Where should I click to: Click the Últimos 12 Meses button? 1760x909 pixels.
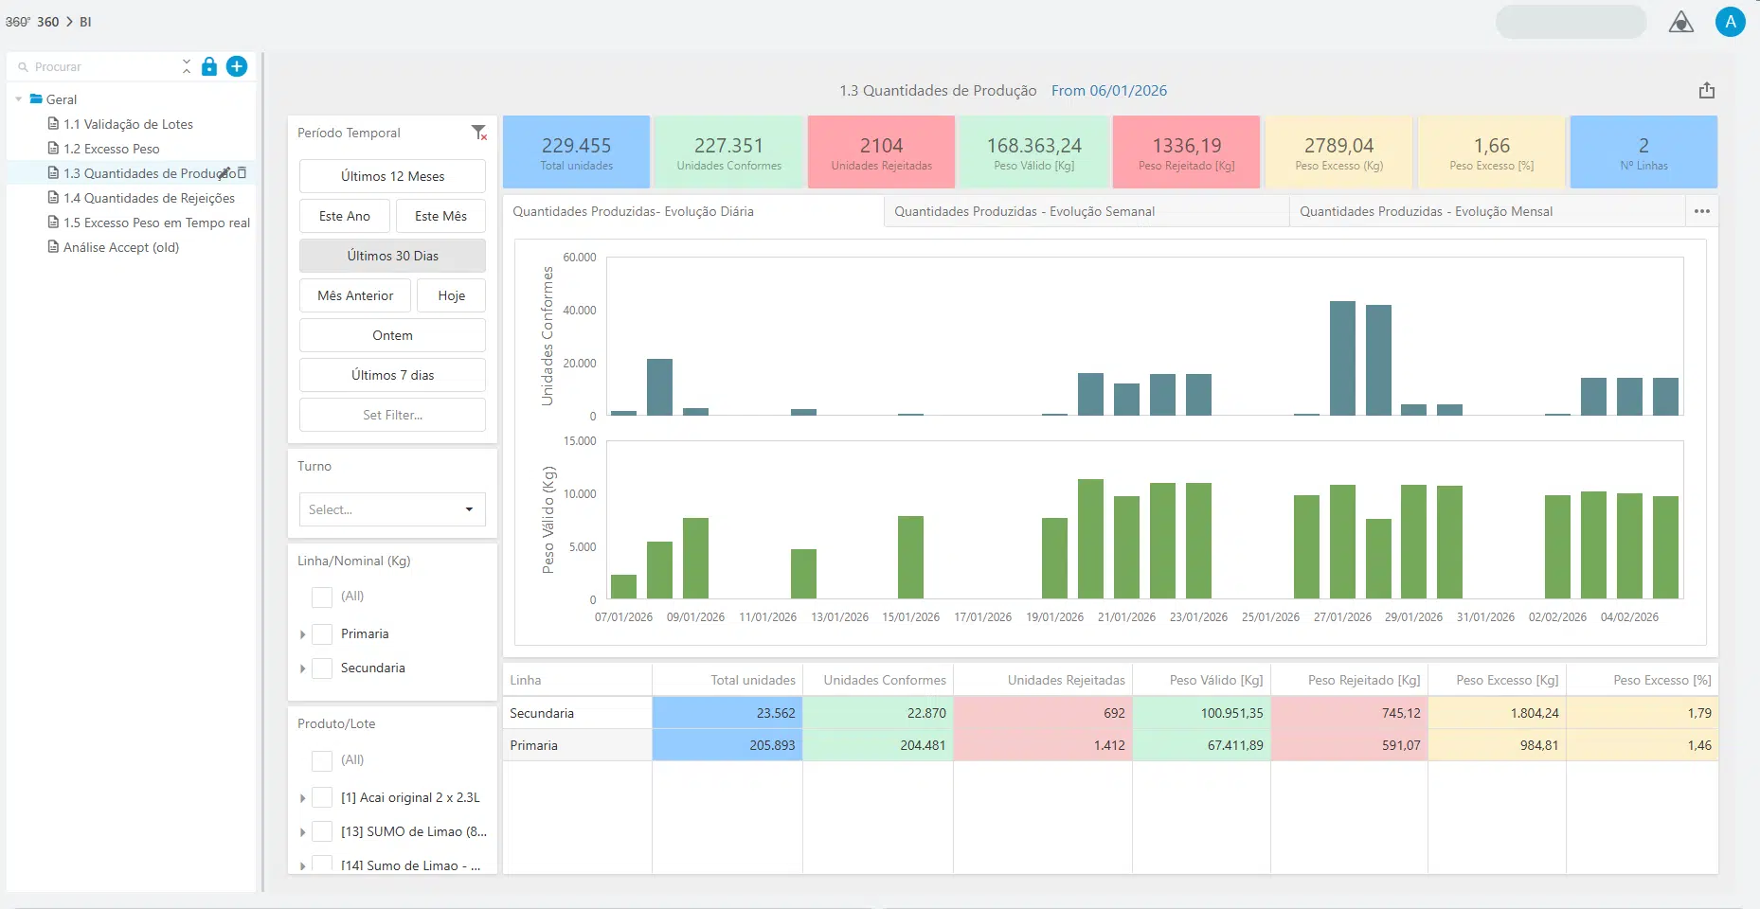tap(392, 176)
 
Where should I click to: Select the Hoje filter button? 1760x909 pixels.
tap(451, 295)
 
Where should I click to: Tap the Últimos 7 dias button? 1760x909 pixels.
tap(392, 375)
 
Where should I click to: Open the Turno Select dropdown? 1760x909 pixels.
tap(392, 509)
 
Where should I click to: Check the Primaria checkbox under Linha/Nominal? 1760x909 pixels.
tap(322, 634)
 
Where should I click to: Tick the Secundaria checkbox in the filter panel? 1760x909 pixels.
tap(322, 668)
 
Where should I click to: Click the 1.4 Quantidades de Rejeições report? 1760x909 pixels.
tap(149, 198)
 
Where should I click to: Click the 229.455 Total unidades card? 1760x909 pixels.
tap(577, 151)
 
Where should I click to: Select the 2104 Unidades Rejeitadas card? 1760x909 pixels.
tap(881, 151)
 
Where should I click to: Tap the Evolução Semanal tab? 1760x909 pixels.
tap(1025, 211)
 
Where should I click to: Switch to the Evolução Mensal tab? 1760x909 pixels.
tap(1426, 211)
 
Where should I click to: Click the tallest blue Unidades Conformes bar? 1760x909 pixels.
tap(1342, 358)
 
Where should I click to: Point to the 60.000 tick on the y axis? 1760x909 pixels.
tap(580, 258)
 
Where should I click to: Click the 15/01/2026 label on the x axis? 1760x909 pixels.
tap(911, 617)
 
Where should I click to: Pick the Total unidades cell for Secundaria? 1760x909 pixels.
tap(727, 713)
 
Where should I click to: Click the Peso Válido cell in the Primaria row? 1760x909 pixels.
tap(1201, 745)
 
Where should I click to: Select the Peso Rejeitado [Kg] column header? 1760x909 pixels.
tap(1364, 680)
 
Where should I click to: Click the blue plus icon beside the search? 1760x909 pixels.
tap(237, 66)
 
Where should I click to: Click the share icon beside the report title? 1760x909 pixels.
tap(1707, 90)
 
